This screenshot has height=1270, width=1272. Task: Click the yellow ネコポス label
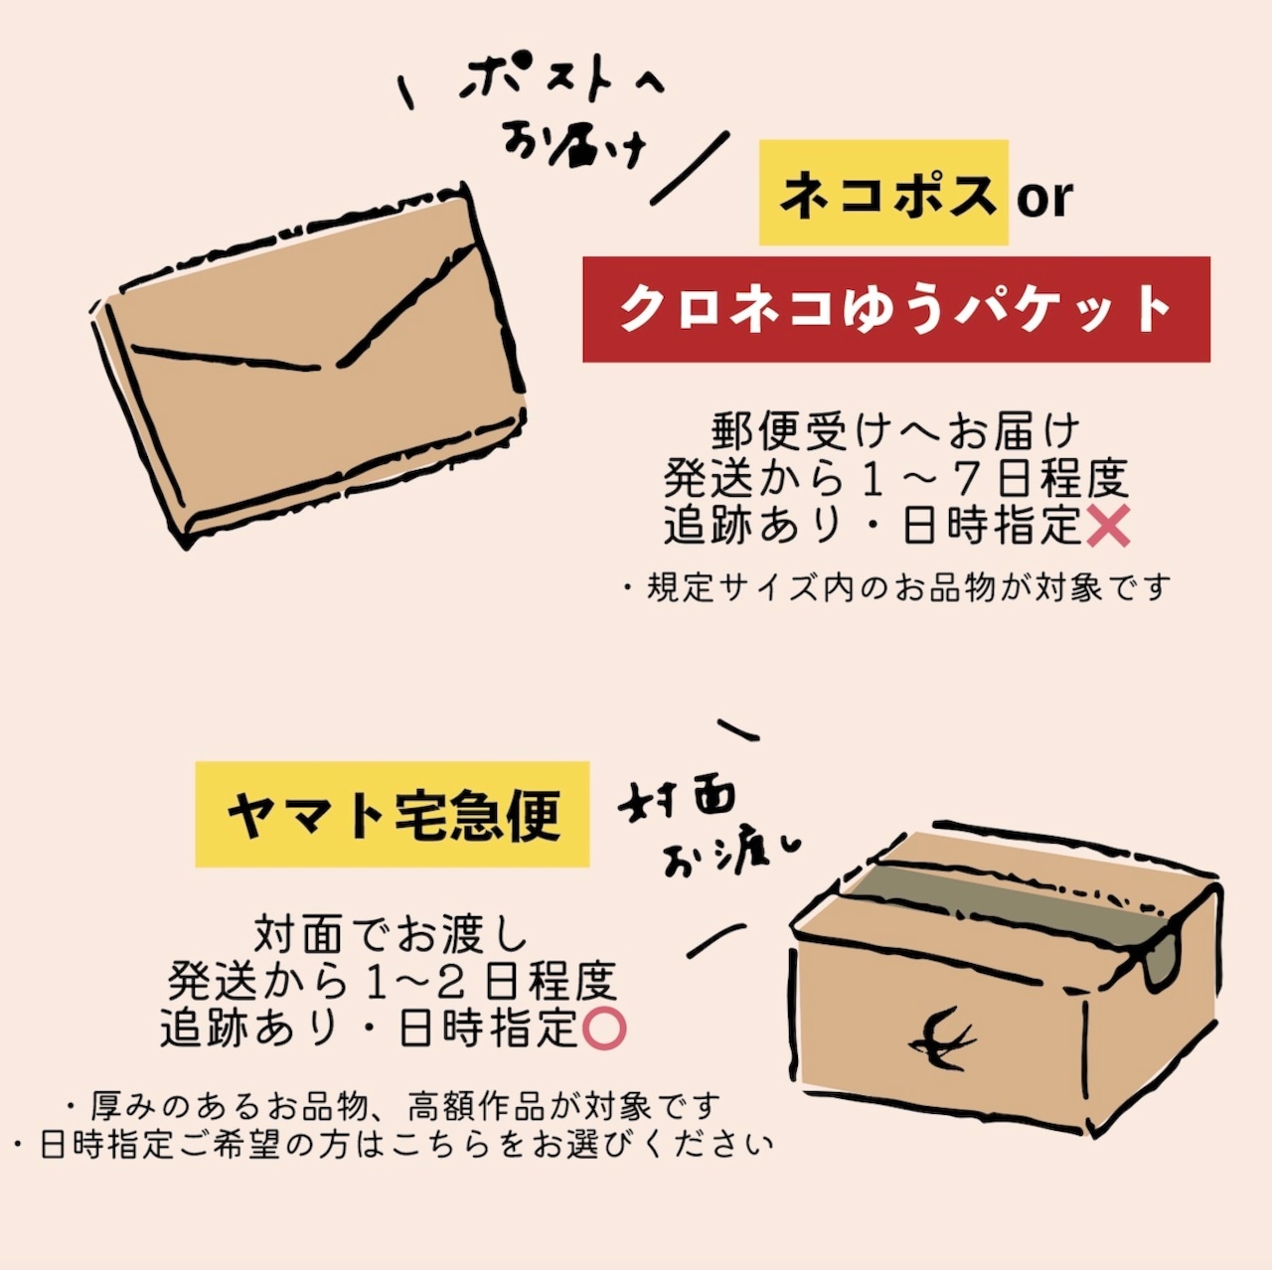(883, 193)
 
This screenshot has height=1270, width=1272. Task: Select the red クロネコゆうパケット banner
(895, 309)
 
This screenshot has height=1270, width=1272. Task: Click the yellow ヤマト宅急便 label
(393, 815)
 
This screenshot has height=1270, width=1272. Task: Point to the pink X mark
(1107, 526)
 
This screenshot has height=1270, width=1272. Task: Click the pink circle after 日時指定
(603, 1029)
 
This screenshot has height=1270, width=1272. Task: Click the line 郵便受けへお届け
(895, 432)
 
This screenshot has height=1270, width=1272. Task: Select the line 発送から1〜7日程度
(895, 479)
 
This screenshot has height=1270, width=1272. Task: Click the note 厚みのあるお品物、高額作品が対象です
(393, 1105)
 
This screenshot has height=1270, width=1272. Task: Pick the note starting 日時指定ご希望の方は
(393, 1145)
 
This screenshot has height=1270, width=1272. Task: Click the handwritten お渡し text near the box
(730, 856)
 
